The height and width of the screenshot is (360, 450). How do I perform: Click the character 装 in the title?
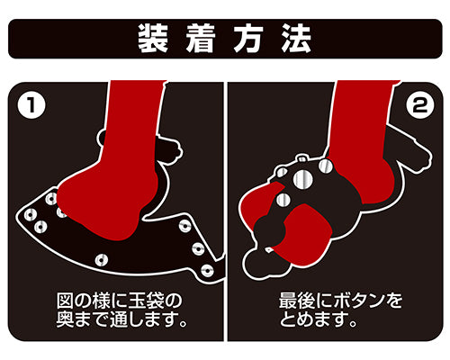pos(152,39)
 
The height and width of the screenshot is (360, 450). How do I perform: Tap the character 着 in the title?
pos(201,39)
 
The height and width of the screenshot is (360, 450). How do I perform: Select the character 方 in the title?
pos(248,39)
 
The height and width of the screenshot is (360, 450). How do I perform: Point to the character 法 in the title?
pos(296,39)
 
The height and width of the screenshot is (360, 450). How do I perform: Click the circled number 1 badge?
pos(31,104)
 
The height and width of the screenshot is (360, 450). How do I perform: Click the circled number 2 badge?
pos(419,104)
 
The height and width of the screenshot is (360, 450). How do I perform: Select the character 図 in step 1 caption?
pos(65,301)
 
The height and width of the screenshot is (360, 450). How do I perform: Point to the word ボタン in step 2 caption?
pos(359,301)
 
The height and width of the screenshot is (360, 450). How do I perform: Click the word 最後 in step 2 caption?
pos(297,301)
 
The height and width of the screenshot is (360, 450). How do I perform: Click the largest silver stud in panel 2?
pos(302,179)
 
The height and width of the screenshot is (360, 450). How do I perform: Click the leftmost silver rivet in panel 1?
pos(31,215)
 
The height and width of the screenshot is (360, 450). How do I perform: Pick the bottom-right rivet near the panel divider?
pos(207,271)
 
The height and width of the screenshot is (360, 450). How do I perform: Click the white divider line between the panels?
pos(226,211)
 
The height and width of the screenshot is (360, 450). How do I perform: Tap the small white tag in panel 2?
pos(268,249)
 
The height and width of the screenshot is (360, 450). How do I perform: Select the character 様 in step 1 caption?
pos(101,301)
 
